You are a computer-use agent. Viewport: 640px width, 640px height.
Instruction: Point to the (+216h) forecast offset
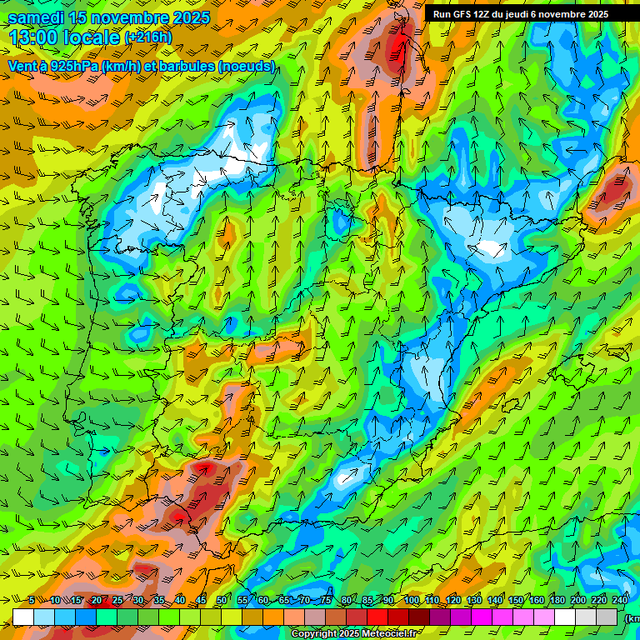pyautogui.click(x=147, y=37)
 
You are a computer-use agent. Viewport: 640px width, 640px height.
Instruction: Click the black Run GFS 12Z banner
pyautogui.click(x=521, y=14)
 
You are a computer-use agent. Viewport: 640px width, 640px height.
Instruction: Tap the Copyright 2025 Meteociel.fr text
pyautogui.click(x=353, y=634)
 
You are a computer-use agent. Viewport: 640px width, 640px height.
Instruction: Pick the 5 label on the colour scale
pyautogui.click(x=31, y=601)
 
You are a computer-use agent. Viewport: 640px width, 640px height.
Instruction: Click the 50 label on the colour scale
pyautogui.click(x=221, y=601)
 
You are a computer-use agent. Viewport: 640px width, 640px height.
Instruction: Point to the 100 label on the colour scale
pyautogui.click(x=411, y=601)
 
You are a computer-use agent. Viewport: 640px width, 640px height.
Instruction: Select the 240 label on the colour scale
pyautogui.click(x=620, y=601)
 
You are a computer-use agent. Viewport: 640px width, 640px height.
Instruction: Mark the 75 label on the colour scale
pyautogui.click(x=326, y=601)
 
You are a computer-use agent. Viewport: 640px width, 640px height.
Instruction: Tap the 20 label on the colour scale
pyautogui.click(x=96, y=601)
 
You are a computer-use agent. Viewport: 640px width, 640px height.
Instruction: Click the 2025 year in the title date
pyautogui.click(x=190, y=17)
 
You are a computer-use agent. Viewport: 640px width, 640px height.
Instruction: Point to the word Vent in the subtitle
pyautogui.click(x=22, y=66)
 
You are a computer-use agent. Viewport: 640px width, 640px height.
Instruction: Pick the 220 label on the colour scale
pyautogui.click(x=599, y=601)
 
